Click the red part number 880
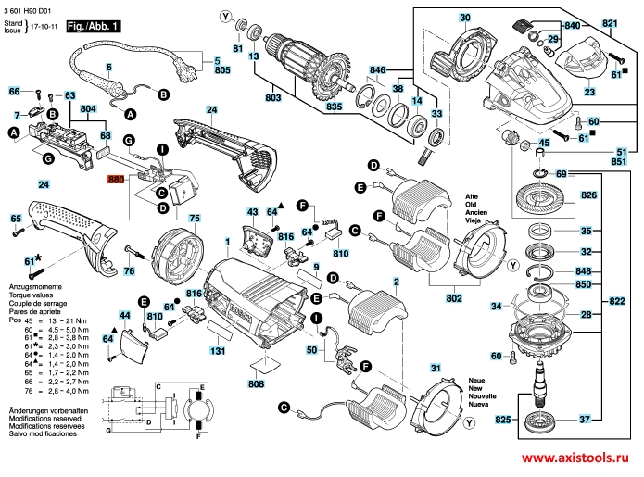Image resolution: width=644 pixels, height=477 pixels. click(115, 181)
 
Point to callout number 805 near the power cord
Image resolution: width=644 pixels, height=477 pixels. click(222, 70)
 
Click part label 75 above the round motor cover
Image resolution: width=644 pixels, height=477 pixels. click(195, 220)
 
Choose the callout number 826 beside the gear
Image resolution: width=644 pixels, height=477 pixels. click(589, 196)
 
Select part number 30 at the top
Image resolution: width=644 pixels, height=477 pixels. click(464, 17)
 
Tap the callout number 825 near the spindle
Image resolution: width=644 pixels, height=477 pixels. click(503, 421)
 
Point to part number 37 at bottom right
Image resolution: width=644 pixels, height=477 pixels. click(585, 421)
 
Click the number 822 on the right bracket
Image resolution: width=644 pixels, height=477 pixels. click(617, 300)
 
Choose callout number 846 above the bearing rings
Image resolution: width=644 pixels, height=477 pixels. click(377, 70)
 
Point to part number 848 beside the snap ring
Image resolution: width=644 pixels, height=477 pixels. click(583, 271)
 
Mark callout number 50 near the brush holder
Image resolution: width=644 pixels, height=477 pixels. click(312, 350)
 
